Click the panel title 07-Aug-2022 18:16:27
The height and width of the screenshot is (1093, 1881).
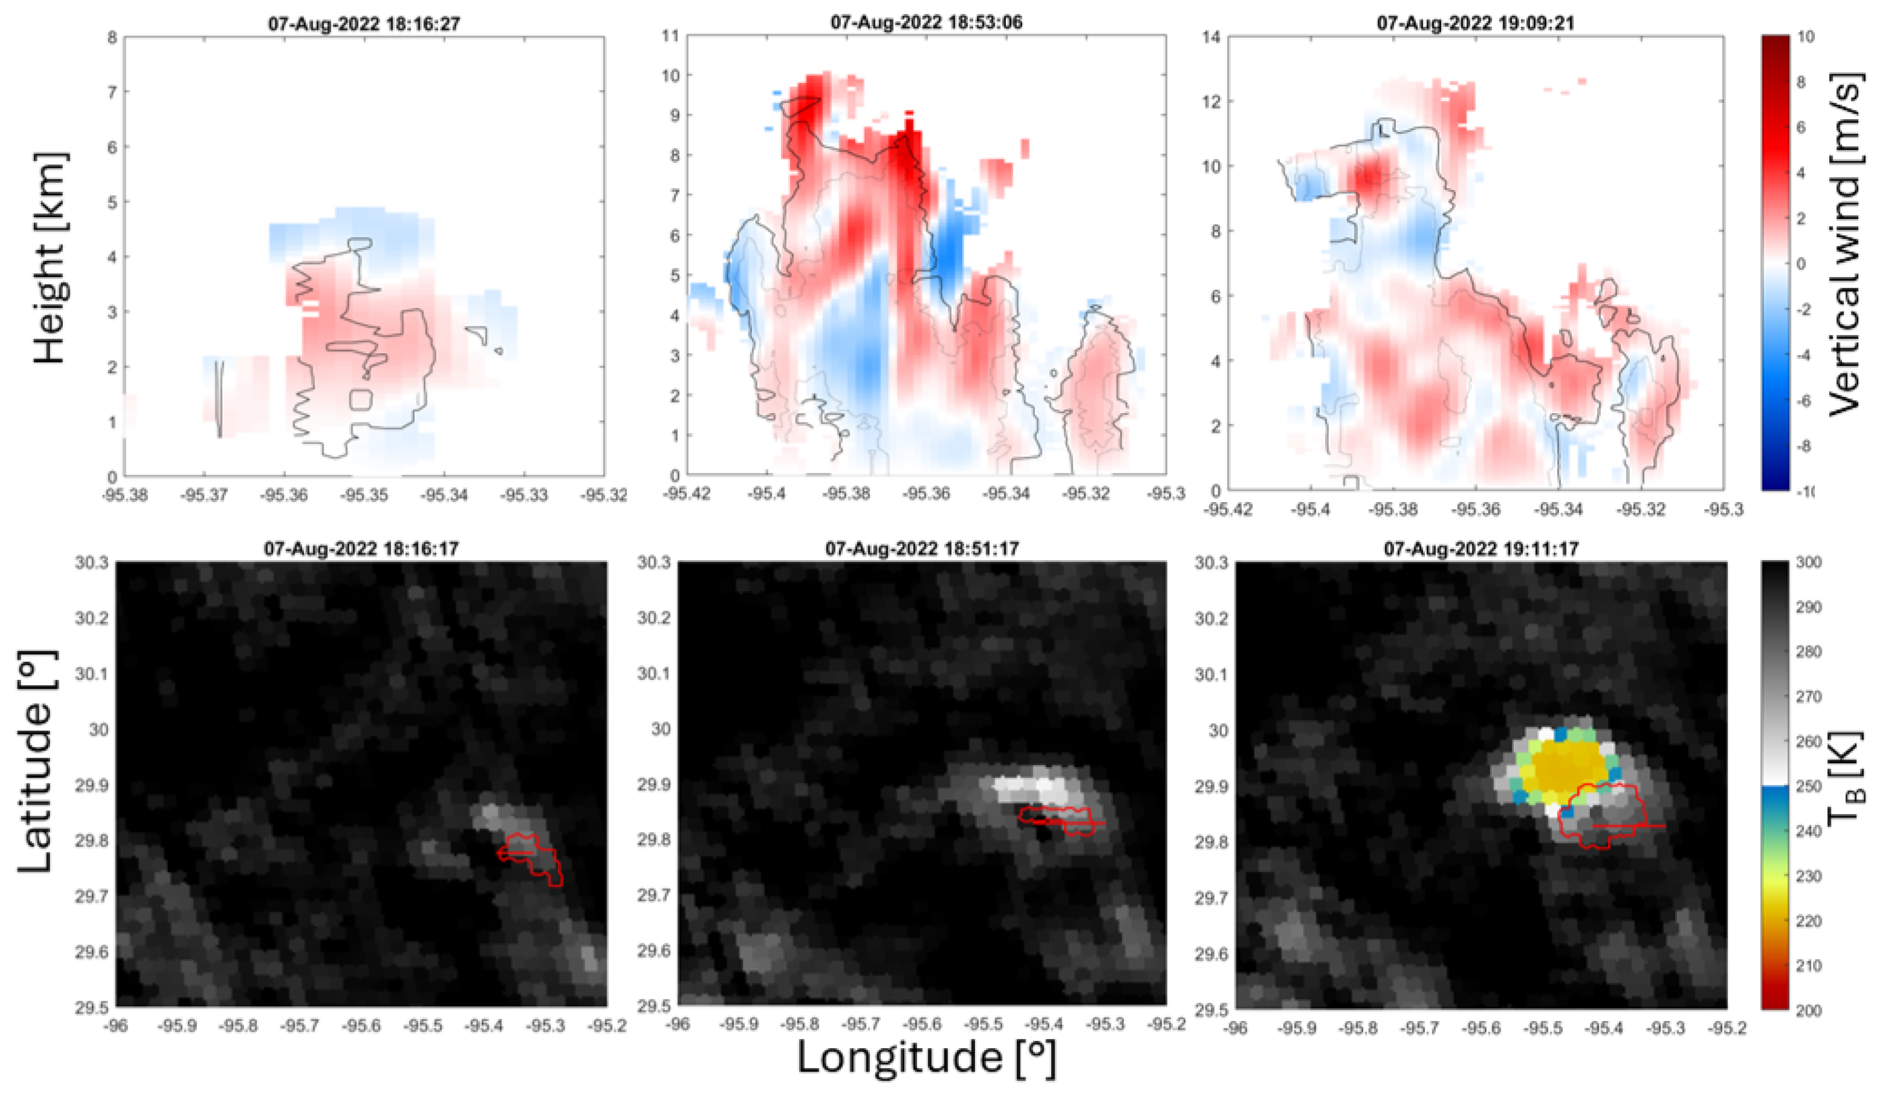click(x=364, y=24)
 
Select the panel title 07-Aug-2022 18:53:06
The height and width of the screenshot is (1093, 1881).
click(x=926, y=23)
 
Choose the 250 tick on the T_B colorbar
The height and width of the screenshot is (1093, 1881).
click(x=1807, y=786)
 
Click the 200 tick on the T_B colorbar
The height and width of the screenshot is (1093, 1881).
click(x=1807, y=1010)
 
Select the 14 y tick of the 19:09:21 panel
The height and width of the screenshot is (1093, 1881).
click(x=1212, y=36)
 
